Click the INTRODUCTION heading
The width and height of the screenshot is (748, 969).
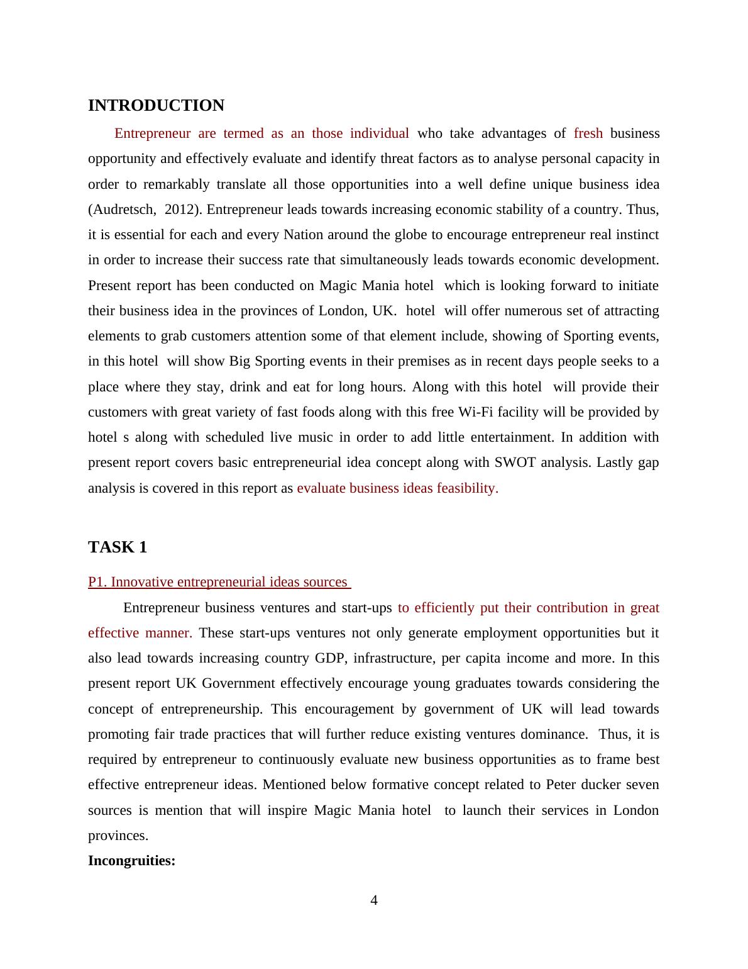[x=156, y=106]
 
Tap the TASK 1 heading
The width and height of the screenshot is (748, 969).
[x=118, y=547]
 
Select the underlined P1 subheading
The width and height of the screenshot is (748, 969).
[x=218, y=582]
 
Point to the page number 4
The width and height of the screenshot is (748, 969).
[x=374, y=900]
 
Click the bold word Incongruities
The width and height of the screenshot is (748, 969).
[x=131, y=861]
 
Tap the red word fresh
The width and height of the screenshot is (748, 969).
[x=588, y=133]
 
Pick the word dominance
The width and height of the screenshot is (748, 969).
[x=559, y=734]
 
